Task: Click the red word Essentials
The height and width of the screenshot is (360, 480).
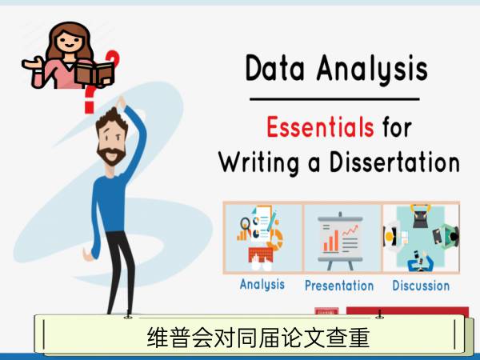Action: (320, 126)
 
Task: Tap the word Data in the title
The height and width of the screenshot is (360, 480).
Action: (275, 68)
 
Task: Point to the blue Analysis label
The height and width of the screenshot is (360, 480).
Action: (262, 284)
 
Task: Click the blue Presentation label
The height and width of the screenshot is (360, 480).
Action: (339, 286)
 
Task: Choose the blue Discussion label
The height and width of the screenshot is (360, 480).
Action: (421, 286)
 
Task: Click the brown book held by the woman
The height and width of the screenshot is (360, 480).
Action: (95, 74)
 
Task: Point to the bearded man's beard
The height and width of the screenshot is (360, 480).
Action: (111, 154)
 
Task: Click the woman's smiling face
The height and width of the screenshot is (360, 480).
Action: (70, 42)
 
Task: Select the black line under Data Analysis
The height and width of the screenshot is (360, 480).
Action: (334, 99)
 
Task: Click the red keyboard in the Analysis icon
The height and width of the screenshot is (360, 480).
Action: (261, 254)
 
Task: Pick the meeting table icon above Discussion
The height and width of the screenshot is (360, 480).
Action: (422, 238)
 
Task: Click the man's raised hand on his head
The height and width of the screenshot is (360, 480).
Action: (121, 102)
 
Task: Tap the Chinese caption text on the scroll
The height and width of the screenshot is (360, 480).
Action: (258, 338)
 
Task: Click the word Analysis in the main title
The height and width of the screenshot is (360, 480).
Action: (372, 70)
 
